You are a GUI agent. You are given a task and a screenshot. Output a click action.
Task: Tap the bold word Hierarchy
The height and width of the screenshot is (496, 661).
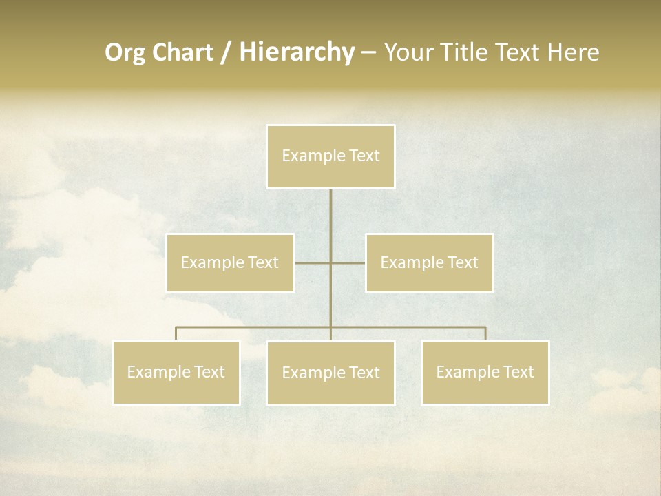(296, 52)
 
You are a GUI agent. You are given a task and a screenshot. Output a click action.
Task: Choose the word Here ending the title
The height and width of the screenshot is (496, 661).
(573, 52)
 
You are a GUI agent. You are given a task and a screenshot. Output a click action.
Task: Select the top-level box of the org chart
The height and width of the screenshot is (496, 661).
(330, 156)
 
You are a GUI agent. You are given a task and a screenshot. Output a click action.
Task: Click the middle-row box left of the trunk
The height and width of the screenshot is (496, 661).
(230, 262)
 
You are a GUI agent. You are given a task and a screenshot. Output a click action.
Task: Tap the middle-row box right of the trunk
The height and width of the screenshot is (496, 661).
(429, 262)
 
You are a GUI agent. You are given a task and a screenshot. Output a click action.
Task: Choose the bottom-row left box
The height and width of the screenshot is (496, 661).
(176, 372)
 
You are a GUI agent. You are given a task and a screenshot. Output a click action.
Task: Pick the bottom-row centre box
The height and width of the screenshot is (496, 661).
(330, 373)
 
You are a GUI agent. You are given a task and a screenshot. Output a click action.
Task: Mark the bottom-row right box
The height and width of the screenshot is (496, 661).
(485, 372)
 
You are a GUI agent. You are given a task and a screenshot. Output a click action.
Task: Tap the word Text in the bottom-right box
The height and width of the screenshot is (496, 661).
(517, 372)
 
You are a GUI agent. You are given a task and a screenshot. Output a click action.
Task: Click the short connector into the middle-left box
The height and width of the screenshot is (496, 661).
(311, 262)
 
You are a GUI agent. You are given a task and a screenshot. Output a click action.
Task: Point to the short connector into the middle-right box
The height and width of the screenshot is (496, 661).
(349, 262)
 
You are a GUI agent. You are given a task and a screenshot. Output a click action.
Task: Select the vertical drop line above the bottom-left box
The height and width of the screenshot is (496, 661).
(176, 333)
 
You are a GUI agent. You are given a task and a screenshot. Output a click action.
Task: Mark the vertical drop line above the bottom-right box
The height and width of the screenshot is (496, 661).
(485, 333)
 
